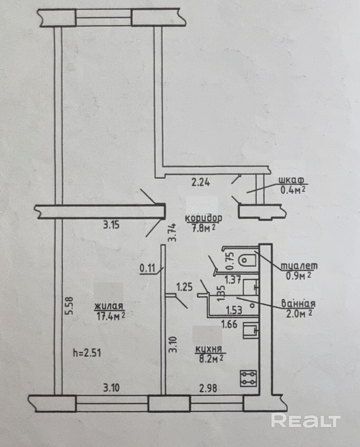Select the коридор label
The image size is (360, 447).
point(203,218)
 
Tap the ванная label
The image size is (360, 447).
point(298,304)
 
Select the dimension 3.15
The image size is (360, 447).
point(111,225)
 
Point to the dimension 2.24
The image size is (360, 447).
point(201,182)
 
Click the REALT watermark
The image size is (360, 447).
point(306,420)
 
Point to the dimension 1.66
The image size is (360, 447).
point(229,324)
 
